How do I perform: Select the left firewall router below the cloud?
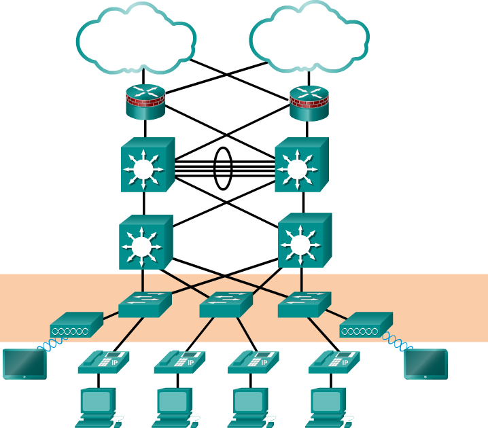[x=145, y=102]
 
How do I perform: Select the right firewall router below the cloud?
[x=309, y=103]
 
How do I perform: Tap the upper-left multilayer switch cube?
[x=147, y=165]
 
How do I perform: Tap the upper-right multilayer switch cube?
[x=300, y=165]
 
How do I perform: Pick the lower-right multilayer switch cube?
[x=304, y=240]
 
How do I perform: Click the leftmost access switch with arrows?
[x=144, y=304]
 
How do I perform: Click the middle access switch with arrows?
[x=225, y=304]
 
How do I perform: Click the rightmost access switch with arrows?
[x=304, y=304]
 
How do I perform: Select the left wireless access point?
[x=75, y=325]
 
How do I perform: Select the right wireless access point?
[x=366, y=325]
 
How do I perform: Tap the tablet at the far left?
[x=24, y=363]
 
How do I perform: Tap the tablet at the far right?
[x=425, y=363]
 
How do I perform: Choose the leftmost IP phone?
[x=103, y=362]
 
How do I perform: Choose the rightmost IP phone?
[x=334, y=362]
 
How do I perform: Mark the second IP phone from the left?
[x=179, y=362]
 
